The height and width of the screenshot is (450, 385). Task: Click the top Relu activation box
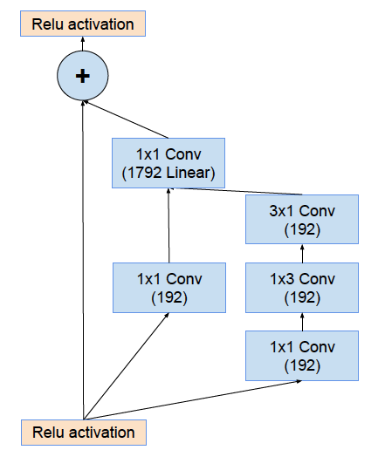83,24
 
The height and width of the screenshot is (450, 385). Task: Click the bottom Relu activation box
84,433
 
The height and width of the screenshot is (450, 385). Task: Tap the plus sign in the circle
83,76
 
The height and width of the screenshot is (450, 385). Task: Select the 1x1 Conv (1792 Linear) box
168,163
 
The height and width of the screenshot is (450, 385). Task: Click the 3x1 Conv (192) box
302,219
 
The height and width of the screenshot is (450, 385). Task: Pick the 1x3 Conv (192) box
302,288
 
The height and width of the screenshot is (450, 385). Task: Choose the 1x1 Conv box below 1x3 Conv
302,356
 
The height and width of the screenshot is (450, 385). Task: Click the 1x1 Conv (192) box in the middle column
169,288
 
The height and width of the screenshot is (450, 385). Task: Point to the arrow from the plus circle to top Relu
83,44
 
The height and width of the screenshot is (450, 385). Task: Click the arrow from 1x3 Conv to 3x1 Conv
302,254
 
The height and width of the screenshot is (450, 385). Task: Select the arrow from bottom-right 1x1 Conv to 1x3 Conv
302,322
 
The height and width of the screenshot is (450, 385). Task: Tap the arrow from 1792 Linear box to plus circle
126,119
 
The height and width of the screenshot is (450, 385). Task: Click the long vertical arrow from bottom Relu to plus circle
83,260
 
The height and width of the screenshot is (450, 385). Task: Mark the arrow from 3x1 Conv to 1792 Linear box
235,191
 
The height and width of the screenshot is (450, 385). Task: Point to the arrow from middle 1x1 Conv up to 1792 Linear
168,226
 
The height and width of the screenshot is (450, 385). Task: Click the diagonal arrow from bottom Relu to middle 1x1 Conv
127,366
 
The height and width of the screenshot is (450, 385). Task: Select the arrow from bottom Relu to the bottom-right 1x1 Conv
192,400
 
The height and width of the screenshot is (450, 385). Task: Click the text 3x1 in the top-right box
281,211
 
